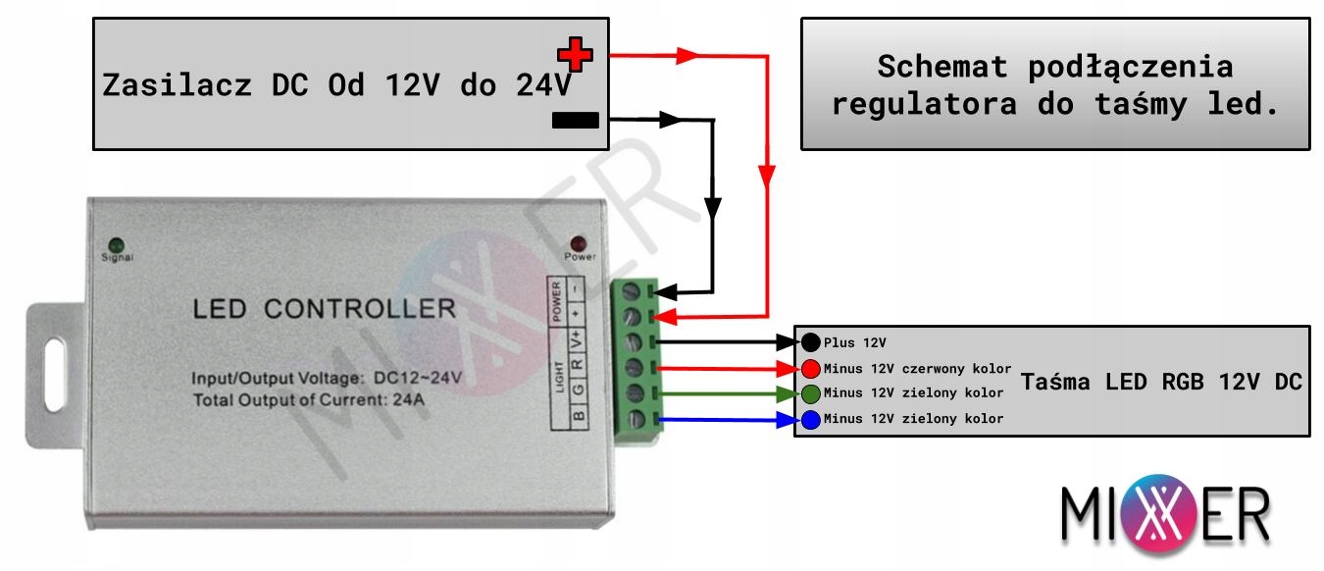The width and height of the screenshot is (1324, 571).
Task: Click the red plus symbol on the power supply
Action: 575,55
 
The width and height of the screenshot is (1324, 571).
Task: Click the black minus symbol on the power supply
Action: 575,121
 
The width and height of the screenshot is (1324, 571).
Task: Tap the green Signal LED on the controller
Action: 117,242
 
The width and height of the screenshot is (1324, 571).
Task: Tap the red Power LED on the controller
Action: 579,242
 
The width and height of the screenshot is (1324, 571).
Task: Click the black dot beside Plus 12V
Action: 811,342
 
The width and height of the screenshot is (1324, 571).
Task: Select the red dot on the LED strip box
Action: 811,369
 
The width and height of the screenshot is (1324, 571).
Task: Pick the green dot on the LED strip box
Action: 811,393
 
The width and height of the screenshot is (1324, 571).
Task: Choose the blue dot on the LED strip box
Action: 811,420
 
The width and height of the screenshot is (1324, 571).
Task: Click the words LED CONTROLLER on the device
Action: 325,309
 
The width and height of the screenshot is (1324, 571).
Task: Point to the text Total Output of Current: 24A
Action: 309,400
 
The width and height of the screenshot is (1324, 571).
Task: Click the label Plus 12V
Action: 855,343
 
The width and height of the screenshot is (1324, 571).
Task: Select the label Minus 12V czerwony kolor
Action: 918,369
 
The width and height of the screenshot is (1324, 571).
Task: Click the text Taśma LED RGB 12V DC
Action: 1162,383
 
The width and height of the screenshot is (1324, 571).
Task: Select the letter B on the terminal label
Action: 579,416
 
